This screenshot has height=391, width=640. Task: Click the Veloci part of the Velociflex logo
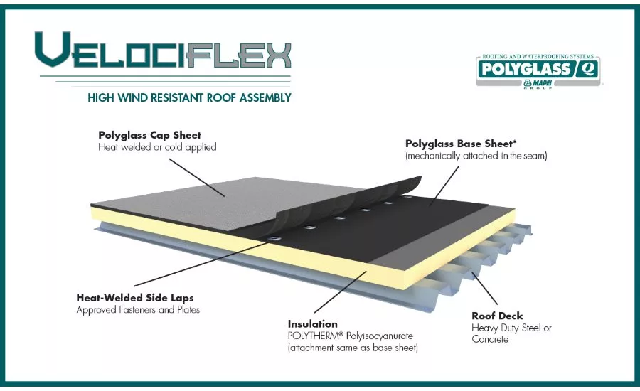click(110, 50)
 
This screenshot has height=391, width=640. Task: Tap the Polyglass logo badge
click(538, 71)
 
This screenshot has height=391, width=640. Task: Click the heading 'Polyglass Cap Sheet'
click(150, 135)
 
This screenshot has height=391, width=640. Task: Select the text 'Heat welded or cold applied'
click(157, 147)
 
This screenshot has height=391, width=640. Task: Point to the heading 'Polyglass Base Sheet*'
click(461, 144)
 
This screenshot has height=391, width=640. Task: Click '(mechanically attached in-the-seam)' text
click(476, 156)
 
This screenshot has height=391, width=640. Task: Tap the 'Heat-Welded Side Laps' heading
click(135, 298)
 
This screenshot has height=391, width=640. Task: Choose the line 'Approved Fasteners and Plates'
click(138, 310)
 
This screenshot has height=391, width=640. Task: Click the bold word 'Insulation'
click(313, 324)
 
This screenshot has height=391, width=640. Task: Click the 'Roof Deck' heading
click(497, 316)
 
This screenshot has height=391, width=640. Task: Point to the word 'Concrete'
click(490, 339)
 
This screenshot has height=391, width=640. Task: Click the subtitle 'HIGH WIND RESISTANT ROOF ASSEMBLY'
click(189, 98)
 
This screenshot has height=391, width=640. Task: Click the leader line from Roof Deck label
click(485, 289)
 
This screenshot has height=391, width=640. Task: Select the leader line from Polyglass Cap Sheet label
click(197, 178)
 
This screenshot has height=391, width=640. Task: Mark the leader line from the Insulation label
click(340, 291)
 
